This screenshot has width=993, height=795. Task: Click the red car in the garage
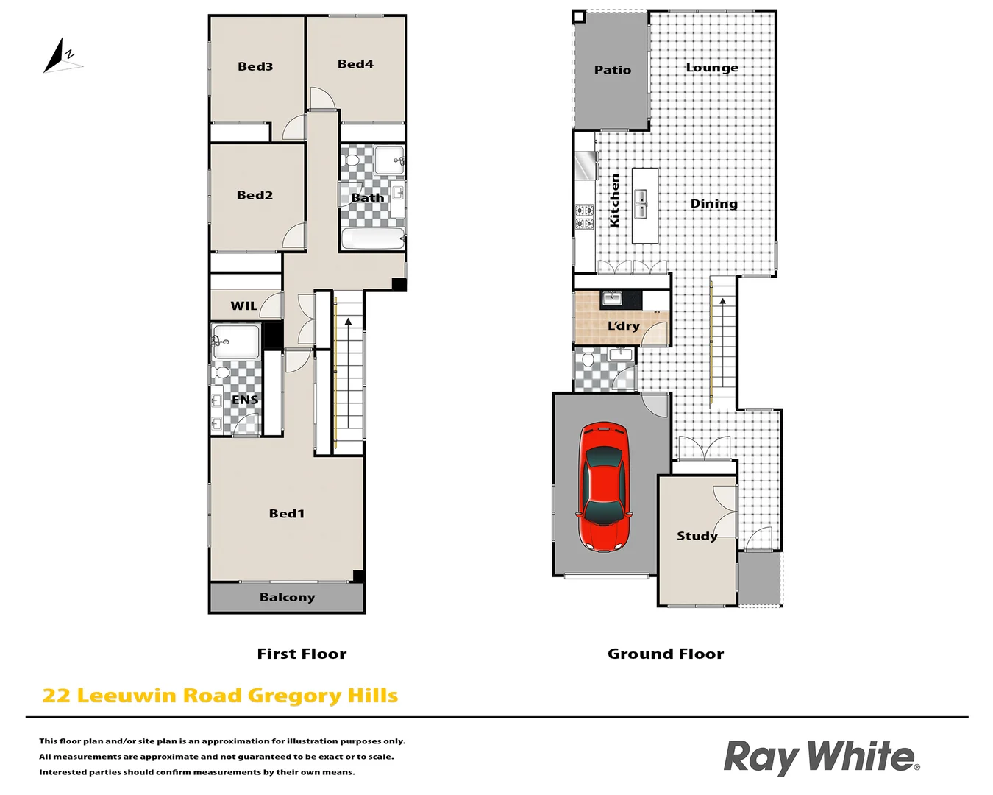[x=604, y=487]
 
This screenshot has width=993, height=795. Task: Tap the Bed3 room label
[x=255, y=66]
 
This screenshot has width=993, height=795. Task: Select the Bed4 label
[x=355, y=64]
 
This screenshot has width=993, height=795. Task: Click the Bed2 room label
[x=255, y=195]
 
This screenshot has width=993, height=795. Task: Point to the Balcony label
[x=287, y=597]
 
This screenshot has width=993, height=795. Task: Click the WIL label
[x=243, y=305]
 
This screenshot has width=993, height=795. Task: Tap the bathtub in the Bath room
[x=373, y=239]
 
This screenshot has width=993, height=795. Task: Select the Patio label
[x=612, y=70]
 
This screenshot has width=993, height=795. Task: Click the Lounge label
[x=711, y=68]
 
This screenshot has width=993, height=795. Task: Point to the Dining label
[x=713, y=203]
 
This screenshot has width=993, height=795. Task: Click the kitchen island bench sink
[x=641, y=204]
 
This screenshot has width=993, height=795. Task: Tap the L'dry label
[x=623, y=325]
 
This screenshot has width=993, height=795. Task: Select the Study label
[x=697, y=536]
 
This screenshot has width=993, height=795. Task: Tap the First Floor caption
[x=302, y=654]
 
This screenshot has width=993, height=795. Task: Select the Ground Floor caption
[x=665, y=654]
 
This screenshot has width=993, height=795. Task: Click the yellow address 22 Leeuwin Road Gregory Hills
[x=220, y=696]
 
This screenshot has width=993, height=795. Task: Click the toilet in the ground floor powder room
[x=587, y=361]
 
